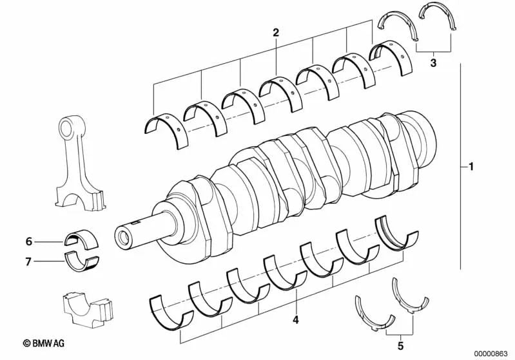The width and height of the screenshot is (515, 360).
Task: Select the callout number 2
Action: (276, 32)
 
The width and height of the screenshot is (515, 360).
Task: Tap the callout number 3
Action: (433, 62)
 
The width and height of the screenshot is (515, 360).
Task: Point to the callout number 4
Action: (295, 319)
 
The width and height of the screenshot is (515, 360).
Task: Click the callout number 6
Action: (28, 242)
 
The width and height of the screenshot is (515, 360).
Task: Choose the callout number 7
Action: (28, 261)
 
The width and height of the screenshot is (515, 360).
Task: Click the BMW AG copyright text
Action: (47, 345)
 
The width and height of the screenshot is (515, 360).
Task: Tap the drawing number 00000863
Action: (491, 353)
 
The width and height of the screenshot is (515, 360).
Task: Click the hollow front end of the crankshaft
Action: (122, 234)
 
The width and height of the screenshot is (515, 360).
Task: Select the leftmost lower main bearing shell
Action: (171, 309)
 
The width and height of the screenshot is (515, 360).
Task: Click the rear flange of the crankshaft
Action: (419, 138)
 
